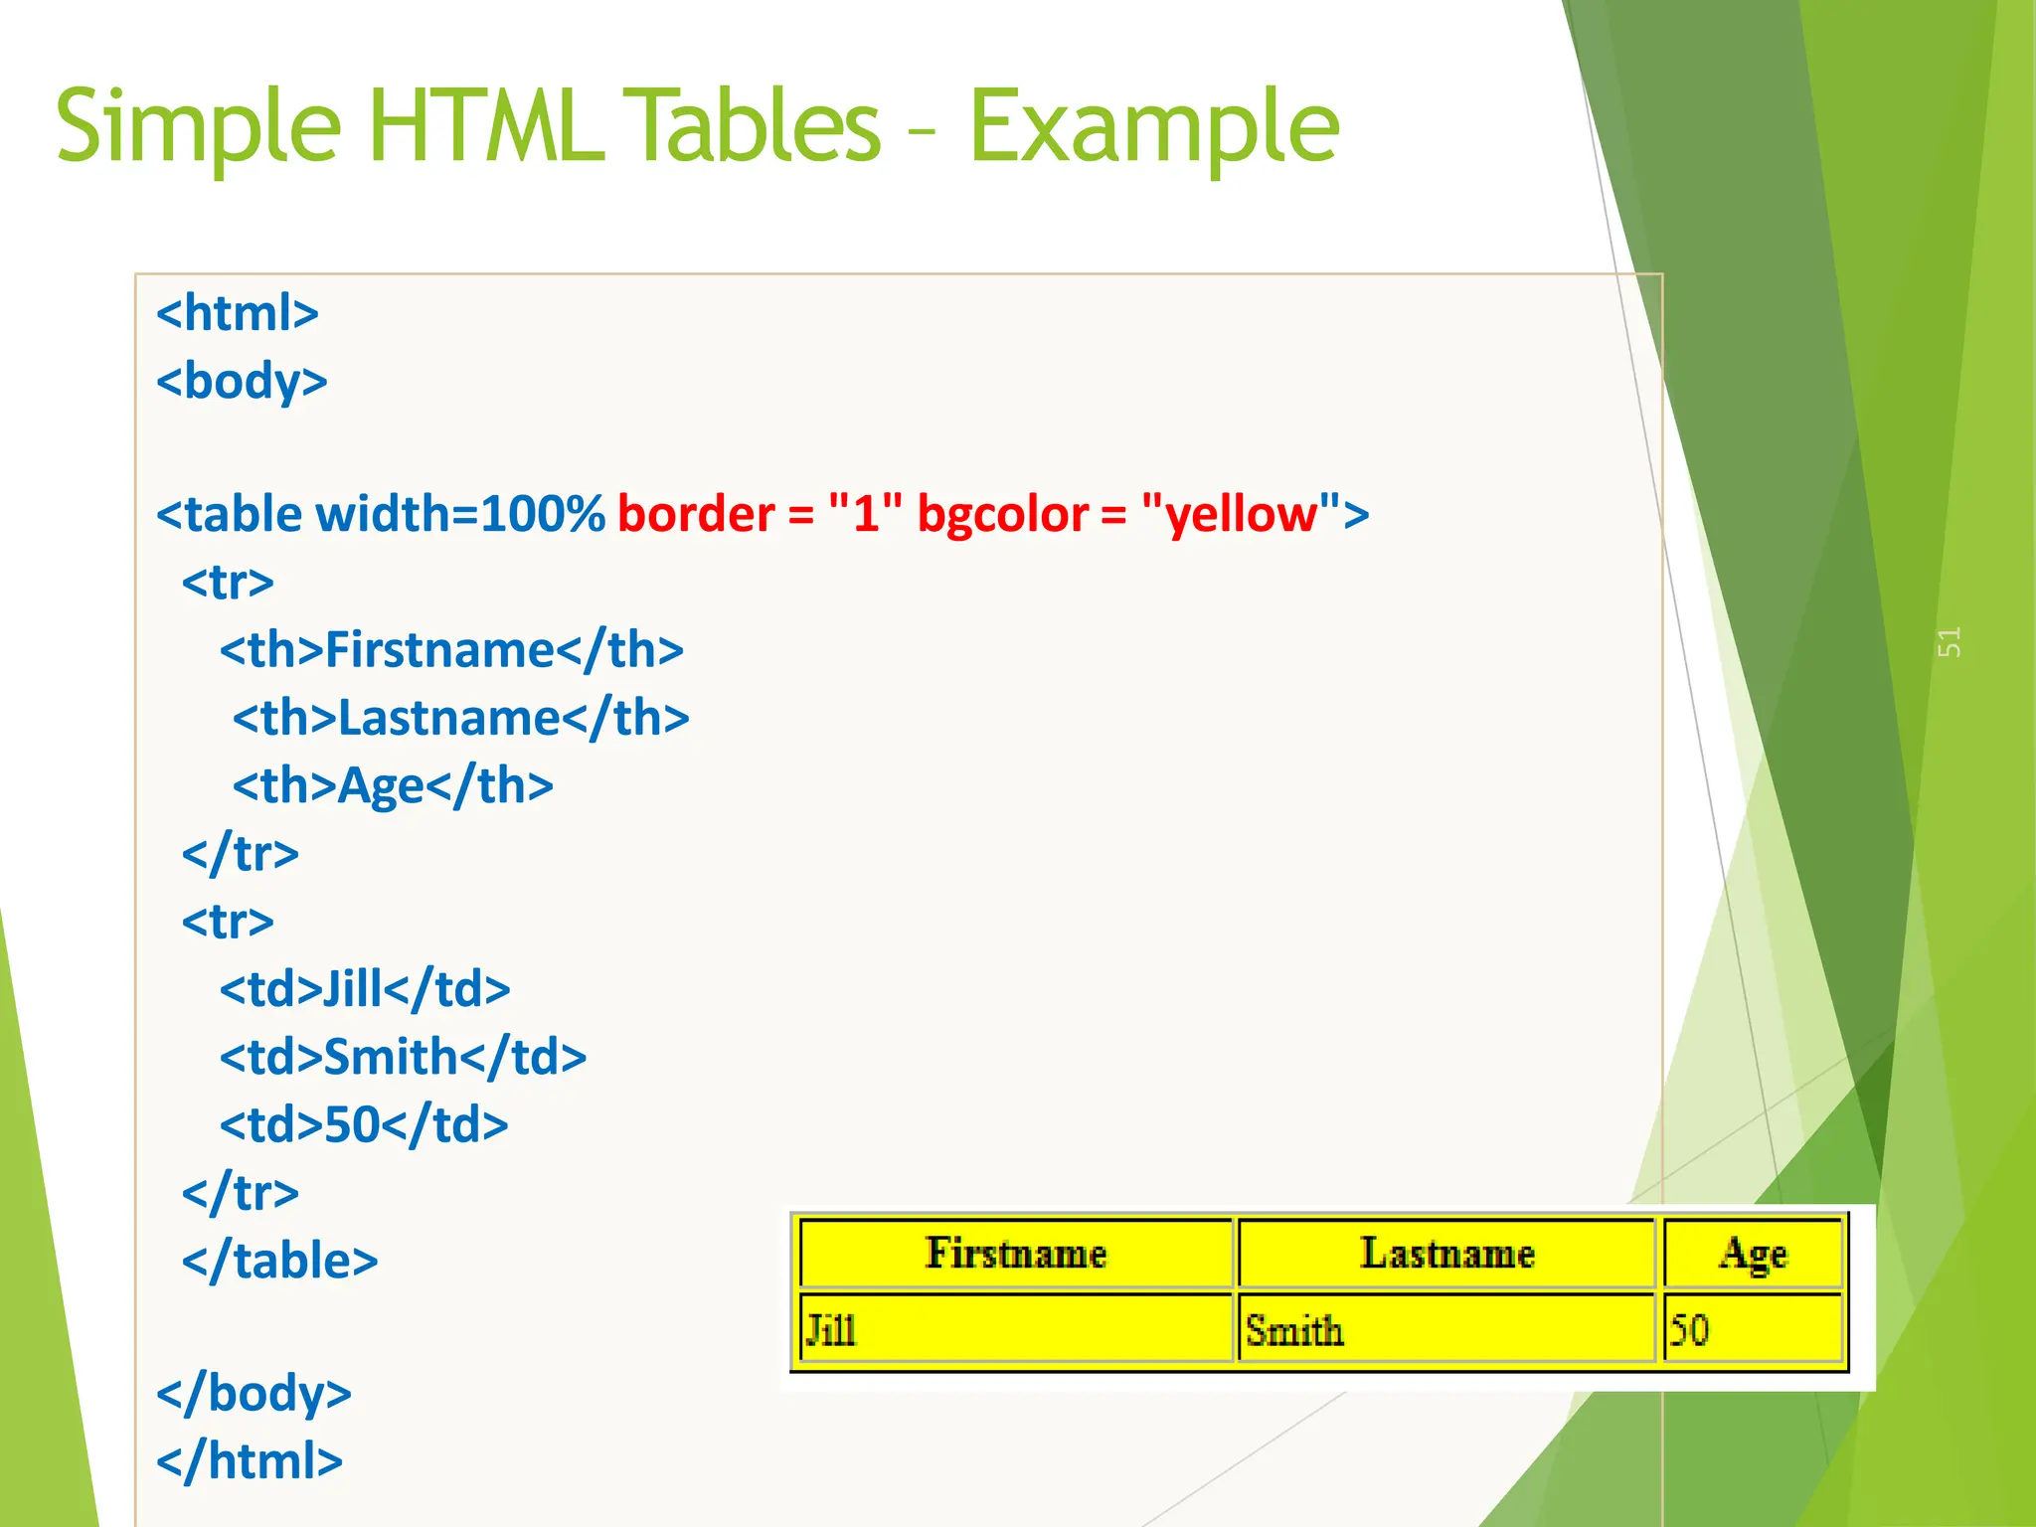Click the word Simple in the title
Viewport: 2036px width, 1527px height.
coord(199,127)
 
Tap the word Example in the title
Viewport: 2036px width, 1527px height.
coord(1153,127)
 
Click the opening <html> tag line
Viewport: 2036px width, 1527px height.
coord(238,313)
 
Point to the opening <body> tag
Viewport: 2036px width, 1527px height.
coord(242,382)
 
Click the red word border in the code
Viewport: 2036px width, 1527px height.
coord(696,515)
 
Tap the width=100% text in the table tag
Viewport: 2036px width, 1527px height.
coord(459,515)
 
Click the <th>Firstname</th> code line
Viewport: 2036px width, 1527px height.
coord(451,650)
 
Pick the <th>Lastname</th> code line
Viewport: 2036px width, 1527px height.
coord(460,718)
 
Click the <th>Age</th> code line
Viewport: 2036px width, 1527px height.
coord(393,785)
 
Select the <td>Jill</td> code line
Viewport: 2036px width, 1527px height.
coord(365,989)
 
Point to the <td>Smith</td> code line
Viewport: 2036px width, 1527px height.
coord(403,1057)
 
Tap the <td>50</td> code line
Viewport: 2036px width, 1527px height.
coord(364,1125)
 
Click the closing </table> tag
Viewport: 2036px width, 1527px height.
coord(279,1261)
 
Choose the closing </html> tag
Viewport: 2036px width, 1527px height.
coord(250,1461)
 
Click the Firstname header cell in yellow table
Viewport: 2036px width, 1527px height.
coord(1015,1253)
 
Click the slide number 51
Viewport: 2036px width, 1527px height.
coord(1949,642)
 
